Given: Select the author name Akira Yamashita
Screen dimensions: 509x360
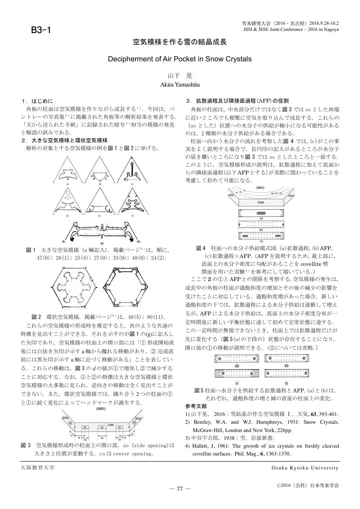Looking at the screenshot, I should pyautogui.click(x=179, y=84).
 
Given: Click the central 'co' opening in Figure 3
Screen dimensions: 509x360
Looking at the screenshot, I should pyautogui.click(x=101, y=427).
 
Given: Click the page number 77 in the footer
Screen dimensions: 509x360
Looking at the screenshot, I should pyautogui.click(x=179, y=489).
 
